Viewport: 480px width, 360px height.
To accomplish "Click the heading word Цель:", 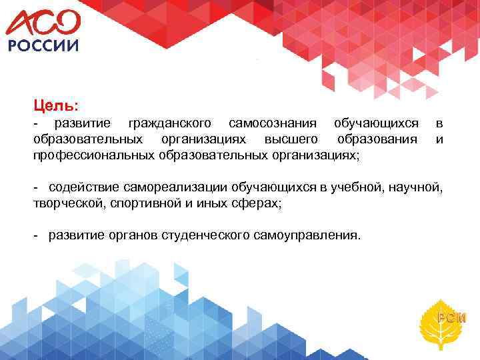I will pos(56,105).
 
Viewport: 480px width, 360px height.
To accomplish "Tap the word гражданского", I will pos(170,123).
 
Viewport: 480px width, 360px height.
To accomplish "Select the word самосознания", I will pos(273,123).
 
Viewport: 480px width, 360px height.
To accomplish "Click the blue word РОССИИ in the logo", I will pos(43,45).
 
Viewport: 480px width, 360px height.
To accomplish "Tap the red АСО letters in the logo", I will pos(43,21).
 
